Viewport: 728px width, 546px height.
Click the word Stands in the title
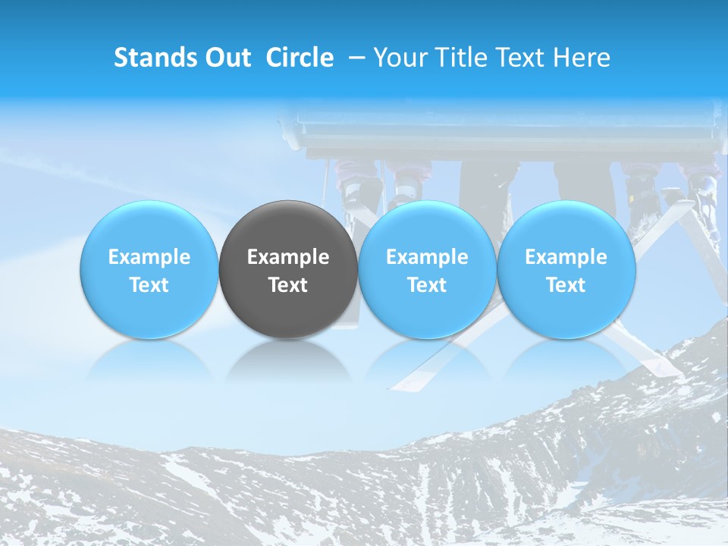[x=155, y=58]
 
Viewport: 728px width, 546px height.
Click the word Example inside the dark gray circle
[x=288, y=257]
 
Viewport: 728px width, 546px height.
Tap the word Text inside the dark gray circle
[x=288, y=285]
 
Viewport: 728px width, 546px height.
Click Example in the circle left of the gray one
[x=149, y=257]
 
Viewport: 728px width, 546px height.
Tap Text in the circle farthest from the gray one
[x=566, y=285]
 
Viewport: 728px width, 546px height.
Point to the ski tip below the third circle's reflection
[x=402, y=383]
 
